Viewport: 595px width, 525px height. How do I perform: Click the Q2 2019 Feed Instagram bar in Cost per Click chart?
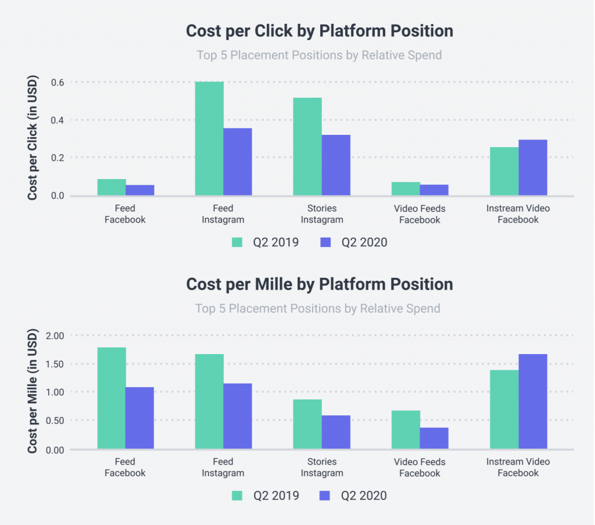pyautogui.click(x=209, y=138)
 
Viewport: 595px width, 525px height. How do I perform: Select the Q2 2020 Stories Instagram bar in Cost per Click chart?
pyautogui.click(x=336, y=165)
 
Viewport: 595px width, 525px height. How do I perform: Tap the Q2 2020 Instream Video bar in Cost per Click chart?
pyautogui.click(x=533, y=167)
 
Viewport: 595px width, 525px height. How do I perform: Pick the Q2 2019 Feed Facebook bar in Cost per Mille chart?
pyautogui.click(x=112, y=398)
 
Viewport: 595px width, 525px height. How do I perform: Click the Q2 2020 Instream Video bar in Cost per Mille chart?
pyautogui.click(x=533, y=401)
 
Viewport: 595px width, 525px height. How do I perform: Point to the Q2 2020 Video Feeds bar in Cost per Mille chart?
pyautogui.click(x=434, y=438)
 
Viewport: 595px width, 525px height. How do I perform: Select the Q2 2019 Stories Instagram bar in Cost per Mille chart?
pyautogui.click(x=307, y=424)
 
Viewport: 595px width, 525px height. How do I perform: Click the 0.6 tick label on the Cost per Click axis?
pyautogui.click(x=57, y=83)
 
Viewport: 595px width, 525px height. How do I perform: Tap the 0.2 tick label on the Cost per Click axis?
pyautogui.click(x=57, y=158)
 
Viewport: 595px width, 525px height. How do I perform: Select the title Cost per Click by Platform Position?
pyautogui.click(x=319, y=31)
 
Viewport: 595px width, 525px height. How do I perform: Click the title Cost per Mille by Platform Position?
pyautogui.click(x=319, y=284)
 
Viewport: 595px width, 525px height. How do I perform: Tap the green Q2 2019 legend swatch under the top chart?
pyautogui.click(x=237, y=242)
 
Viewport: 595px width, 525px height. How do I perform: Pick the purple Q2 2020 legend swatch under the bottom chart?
pyautogui.click(x=325, y=495)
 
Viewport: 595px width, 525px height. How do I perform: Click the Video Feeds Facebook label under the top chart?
pyautogui.click(x=420, y=214)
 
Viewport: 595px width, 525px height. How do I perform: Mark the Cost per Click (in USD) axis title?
pyautogui.click(x=33, y=138)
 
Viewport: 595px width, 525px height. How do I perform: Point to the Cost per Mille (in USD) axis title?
pyautogui.click(x=33, y=391)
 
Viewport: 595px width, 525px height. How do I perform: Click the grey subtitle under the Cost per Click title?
pyautogui.click(x=319, y=55)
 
